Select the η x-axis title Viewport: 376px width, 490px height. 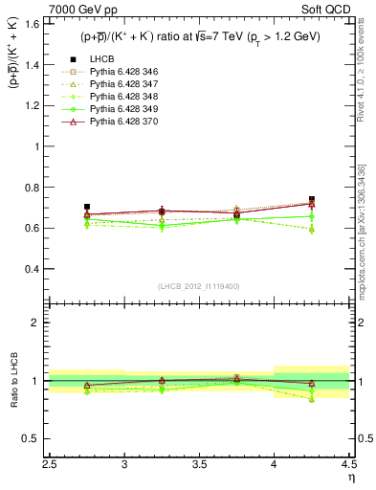point(351,476)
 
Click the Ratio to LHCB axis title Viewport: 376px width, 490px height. point(12,381)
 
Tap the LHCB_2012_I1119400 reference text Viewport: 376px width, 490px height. point(199,286)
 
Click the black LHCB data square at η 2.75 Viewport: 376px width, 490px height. point(87,207)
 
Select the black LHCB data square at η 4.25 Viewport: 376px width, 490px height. point(312,200)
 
